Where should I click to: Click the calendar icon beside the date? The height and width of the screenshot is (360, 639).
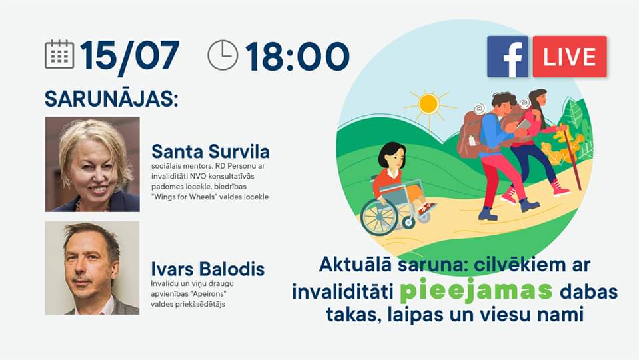click(59, 54)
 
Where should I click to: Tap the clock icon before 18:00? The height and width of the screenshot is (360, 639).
click(223, 55)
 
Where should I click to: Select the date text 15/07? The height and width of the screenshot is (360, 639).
click(129, 56)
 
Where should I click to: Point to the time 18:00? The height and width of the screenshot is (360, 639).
click(297, 56)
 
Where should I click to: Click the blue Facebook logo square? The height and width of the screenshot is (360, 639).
click(507, 57)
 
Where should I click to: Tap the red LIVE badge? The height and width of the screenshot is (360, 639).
click(570, 57)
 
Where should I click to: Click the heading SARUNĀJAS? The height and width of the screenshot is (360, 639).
click(111, 99)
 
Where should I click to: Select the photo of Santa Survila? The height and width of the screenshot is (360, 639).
click(93, 164)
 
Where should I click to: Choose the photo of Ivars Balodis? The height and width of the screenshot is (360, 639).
click(92, 268)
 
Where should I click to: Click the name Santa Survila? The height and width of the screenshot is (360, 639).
click(211, 151)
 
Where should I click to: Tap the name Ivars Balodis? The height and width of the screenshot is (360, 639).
click(208, 269)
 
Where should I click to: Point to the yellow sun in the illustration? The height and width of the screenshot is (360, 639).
click(429, 104)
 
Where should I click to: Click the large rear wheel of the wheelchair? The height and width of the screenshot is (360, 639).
click(379, 217)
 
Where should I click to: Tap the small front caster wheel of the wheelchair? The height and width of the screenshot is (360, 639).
click(408, 223)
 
